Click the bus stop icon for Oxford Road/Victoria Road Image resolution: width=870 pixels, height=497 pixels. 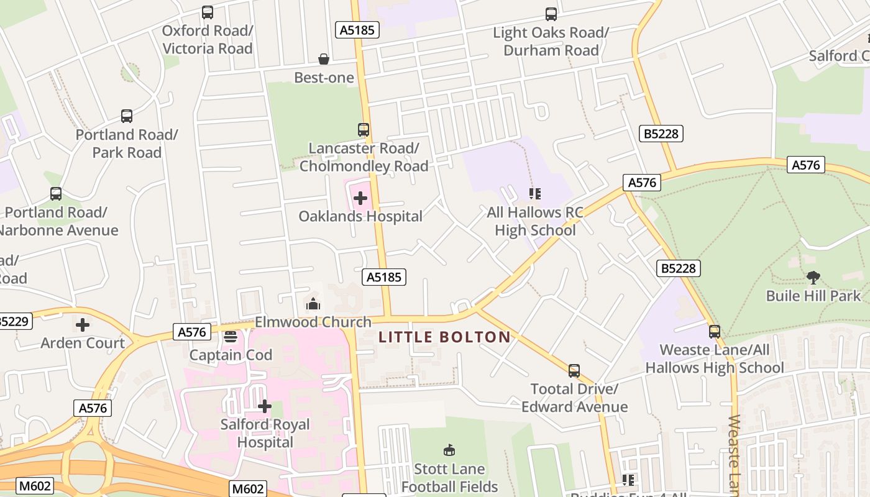(208, 12)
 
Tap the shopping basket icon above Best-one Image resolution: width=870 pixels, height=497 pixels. (324, 59)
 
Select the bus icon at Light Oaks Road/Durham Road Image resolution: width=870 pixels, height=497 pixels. (551, 14)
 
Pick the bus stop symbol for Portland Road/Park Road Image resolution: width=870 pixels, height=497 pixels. (127, 116)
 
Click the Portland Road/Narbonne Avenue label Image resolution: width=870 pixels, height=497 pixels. (56, 221)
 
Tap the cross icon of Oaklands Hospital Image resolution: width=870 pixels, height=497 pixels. (360, 198)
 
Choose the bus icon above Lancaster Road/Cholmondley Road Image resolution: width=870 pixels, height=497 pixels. (364, 130)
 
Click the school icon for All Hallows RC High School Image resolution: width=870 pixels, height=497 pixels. (535, 194)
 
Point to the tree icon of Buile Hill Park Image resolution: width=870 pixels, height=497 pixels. (813, 277)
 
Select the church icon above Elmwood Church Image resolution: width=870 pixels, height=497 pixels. (313, 304)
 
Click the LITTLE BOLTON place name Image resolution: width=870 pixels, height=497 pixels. (445, 337)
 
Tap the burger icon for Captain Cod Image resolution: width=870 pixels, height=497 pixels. (231, 337)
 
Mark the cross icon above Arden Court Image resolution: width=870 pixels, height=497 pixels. (83, 324)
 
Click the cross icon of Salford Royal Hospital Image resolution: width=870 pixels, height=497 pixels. (265, 406)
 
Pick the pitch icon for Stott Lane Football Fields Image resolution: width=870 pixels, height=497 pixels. (449, 450)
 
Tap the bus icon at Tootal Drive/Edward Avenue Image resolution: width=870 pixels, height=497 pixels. (574, 371)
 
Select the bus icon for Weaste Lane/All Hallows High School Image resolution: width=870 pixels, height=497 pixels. (715, 332)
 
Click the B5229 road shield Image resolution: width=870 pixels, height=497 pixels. (12, 321)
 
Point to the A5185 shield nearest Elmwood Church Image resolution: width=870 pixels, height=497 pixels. (384, 277)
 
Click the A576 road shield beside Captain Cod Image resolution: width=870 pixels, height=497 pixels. (191, 332)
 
